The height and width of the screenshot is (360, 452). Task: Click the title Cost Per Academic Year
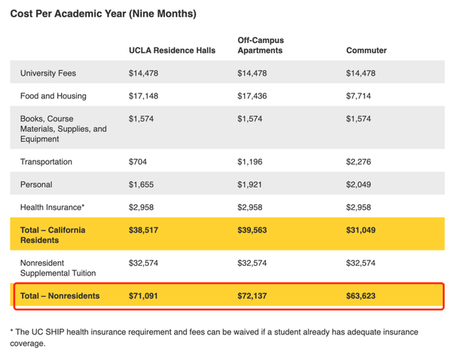coord(103,14)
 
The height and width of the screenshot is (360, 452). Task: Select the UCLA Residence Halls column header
coord(172,50)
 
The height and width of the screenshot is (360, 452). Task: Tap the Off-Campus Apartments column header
coord(261,45)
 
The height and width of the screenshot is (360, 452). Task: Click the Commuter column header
coord(366,50)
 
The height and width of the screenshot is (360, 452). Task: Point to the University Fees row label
coord(48,73)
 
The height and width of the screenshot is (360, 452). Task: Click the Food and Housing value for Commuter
coord(359,96)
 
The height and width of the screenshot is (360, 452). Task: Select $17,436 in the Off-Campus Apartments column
coord(252,96)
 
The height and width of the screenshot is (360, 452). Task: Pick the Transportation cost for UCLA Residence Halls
coord(138,162)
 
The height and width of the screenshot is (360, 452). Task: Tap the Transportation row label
coord(46,162)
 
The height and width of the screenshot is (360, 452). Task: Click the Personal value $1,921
coord(249,185)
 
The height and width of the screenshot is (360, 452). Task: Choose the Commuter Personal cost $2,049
coord(359,185)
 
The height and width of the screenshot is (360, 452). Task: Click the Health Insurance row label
coord(52,207)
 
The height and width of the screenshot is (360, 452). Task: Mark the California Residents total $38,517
coord(143,230)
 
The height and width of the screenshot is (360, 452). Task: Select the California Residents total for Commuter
coord(361,230)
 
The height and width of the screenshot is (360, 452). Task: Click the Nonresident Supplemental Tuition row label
coord(58,268)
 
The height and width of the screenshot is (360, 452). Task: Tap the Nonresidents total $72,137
coord(252,296)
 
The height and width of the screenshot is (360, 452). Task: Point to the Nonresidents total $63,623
coord(361,296)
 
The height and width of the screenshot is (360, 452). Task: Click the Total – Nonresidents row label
coord(60,296)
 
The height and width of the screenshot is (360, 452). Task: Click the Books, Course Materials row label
coord(63,129)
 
